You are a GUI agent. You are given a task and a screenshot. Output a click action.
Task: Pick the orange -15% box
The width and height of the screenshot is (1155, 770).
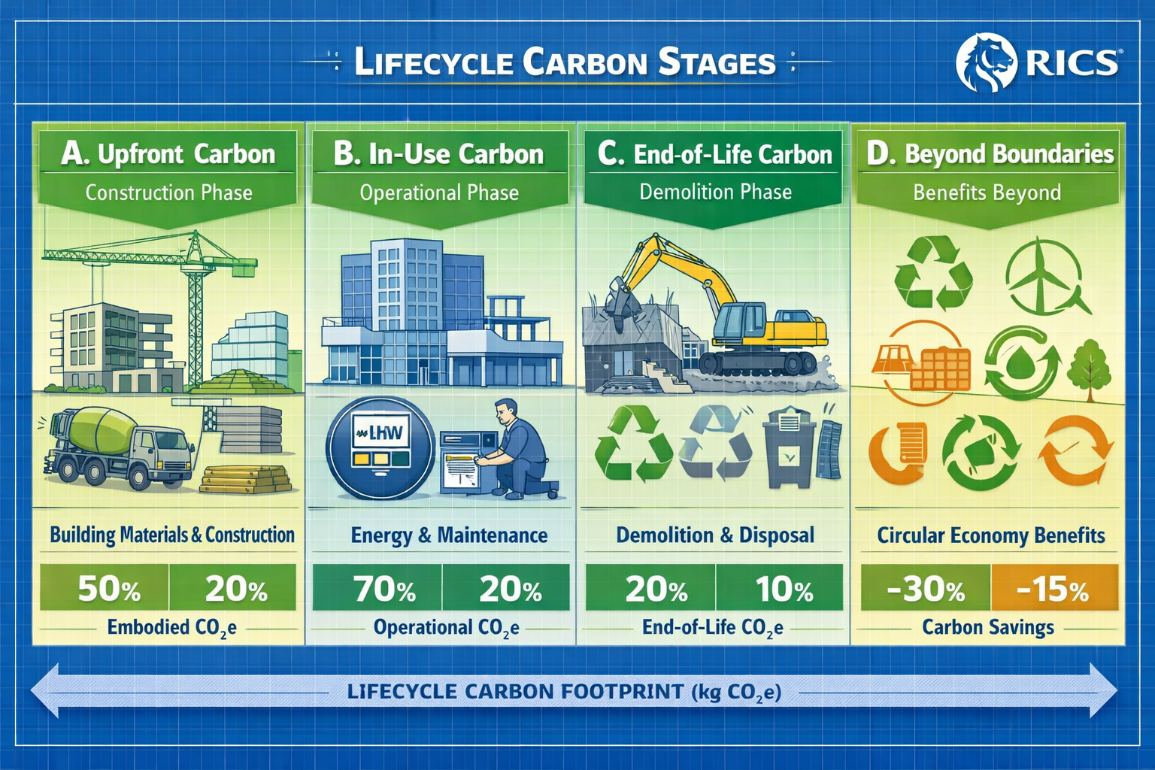pos(1054,589)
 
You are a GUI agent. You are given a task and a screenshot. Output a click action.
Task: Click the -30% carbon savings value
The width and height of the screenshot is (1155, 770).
pos(925,589)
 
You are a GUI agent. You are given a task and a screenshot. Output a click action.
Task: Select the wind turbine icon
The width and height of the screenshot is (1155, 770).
pos(1045,274)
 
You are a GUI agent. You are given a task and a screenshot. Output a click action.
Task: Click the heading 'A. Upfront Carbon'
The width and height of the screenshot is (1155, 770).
pos(168,154)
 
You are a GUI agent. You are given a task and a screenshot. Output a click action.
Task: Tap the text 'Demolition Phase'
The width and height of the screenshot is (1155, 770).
pos(715,192)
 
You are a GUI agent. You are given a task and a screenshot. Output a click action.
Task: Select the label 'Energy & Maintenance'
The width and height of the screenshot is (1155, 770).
pos(449,535)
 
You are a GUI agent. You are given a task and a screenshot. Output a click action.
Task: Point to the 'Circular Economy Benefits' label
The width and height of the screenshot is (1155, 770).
pos(990,535)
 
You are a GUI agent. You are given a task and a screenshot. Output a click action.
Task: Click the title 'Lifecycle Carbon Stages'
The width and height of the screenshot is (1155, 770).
pos(564,62)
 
